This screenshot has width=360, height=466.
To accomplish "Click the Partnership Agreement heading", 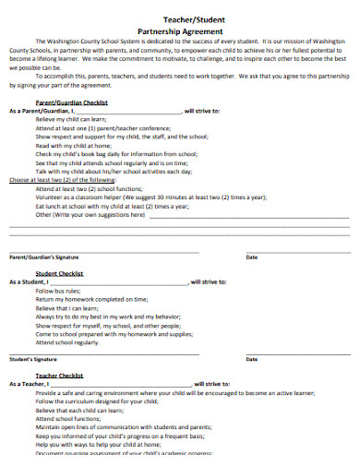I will tap(181, 29).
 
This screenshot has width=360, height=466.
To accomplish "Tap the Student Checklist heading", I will tap(59, 274).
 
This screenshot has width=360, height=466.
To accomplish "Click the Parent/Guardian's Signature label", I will tap(41, 257).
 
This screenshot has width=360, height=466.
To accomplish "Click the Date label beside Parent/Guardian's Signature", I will tap(252, 257).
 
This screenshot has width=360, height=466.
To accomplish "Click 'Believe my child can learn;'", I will tap(71, 119).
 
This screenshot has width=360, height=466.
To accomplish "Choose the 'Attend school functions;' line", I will tap(68, 419).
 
